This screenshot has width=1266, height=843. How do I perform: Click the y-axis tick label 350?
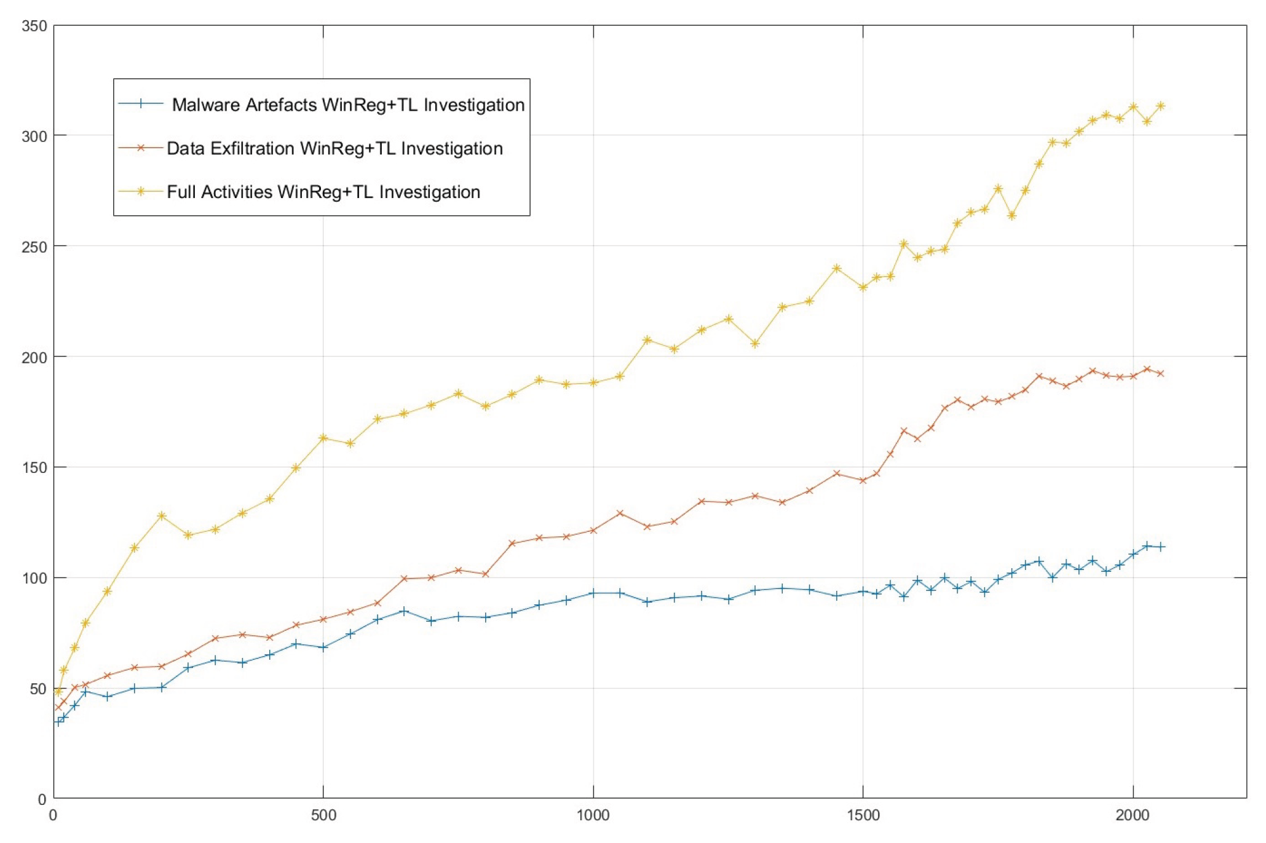tap(34, 26)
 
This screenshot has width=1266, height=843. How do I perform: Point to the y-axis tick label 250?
tap(34, 247)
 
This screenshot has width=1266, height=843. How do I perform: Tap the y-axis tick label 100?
tap(34, 578)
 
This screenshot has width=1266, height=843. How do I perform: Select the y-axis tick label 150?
tap(34, 467)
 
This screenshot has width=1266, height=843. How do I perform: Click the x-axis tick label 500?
tap(323, 816)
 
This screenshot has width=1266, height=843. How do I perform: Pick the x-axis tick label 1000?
tap(593, 816)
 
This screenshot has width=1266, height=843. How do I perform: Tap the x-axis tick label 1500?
tap(863, 816)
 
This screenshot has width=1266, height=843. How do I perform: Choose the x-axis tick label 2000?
tap(1133, 816)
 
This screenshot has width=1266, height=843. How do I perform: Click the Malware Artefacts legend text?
tap(348, 105)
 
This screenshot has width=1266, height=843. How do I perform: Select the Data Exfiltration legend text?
tap(334, 149)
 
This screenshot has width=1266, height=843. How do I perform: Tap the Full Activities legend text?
tap(323, 192)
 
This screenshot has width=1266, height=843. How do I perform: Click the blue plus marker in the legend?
tap(141, 104)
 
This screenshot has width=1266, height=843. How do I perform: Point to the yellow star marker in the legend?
tap(141, 191)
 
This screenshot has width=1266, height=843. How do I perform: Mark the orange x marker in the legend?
tap(141, 148)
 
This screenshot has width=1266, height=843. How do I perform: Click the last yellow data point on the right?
tap(1160, 106)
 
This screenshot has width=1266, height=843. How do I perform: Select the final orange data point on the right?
tap(1160, 373)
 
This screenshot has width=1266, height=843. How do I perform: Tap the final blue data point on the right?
tap(1160, 547)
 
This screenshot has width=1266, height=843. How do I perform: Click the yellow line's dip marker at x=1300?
tap(755, 344)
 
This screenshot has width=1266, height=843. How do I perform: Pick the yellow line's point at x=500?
tap(323, 438)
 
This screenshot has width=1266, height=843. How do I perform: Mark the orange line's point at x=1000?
tap(593, 530)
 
